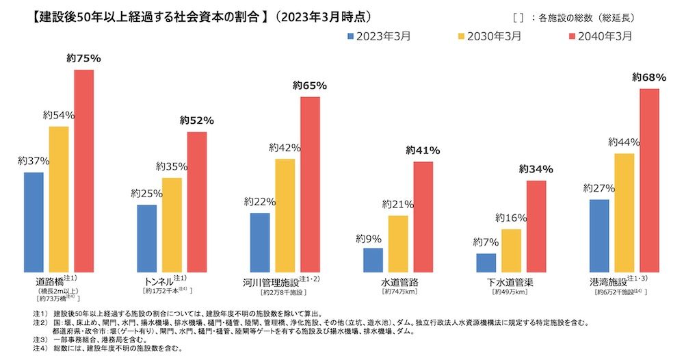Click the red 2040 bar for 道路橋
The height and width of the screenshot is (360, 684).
click(x=83, y=171)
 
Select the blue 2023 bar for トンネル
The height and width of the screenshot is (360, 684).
click(x=146, y=238)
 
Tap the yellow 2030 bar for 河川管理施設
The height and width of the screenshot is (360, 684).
click(x=285, y=216)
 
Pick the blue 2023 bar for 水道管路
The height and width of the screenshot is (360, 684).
click(x=373, y=260)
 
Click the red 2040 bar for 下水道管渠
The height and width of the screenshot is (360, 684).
click(x=536, y=227)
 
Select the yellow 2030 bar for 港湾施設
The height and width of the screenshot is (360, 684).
click(x=624, y=213)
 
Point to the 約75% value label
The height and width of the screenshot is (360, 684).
click(x=83, y=59)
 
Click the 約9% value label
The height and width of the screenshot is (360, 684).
click(x=369, y=239)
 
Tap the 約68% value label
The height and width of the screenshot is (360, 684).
click(x=648, y=77)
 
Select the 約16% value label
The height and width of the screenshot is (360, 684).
click(x=512, y=218)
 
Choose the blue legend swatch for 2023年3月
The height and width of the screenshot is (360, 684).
click(x=351, y=36)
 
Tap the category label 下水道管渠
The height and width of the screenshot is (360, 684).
click(x=510, y=282)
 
